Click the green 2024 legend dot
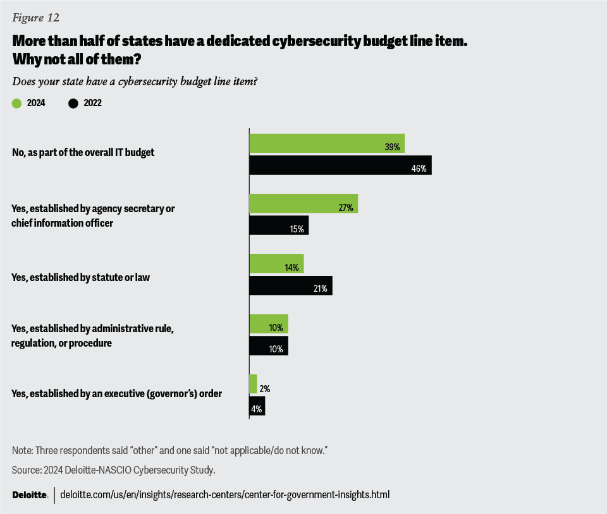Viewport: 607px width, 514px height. [17, 104]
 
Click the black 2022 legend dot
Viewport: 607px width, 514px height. [73, 104]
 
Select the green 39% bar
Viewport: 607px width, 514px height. [327, 143]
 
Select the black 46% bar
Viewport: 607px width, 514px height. [340, 165]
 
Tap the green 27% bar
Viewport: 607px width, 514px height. [303, 203]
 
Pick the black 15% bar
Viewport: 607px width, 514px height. [279, 225]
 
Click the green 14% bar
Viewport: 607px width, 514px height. [276, 263]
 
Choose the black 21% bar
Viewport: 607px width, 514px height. [291, 285]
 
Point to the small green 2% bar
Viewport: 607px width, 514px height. [253, 383]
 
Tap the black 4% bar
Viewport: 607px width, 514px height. [257, 405]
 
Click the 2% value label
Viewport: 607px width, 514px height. [264, 389]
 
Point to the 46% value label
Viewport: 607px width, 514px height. [419, 169]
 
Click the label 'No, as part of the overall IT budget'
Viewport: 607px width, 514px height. [83, 152]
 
